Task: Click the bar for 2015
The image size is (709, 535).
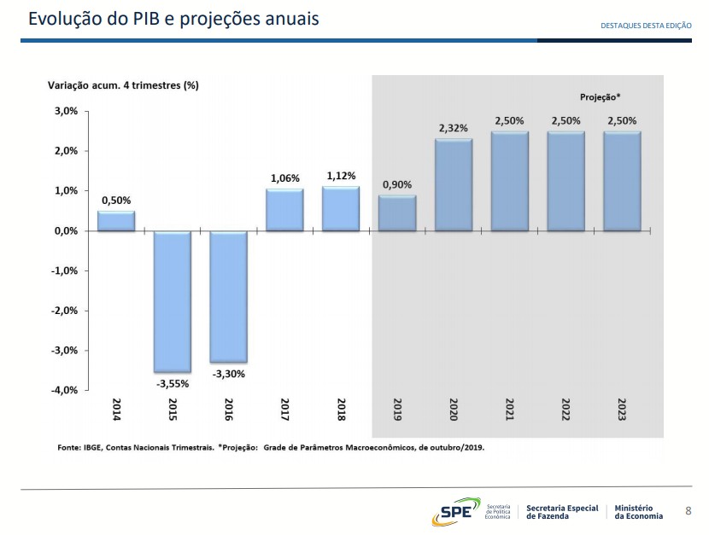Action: click(173, 301)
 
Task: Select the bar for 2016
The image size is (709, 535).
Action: click(228, 297)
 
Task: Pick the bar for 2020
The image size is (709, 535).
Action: click(454, 185)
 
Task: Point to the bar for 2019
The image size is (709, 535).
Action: click(397, 213)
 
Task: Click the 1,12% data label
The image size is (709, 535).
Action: click(341, 175)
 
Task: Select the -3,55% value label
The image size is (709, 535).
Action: click(173, 384)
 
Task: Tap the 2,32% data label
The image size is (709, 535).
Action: click(454, 128)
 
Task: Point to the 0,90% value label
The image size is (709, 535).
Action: click(397, 184)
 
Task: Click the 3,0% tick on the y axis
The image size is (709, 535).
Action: click(66, 111)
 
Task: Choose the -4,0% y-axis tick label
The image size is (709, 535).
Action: click(65, 390)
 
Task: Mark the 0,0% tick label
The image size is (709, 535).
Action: click(66, 230)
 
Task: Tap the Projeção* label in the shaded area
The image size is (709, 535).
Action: click(601, 97)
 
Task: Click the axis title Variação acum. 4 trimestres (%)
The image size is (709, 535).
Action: click(122, 84)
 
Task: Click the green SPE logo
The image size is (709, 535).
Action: click(456, 511)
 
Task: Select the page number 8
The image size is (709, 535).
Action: click(688, 511)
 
